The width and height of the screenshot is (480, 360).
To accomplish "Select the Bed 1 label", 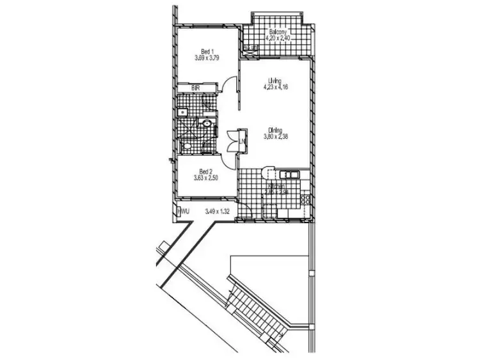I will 205,52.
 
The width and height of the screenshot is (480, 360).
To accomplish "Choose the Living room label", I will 275,81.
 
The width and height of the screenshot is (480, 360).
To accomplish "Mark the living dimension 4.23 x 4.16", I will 275,88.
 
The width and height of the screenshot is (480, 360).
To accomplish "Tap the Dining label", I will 275,130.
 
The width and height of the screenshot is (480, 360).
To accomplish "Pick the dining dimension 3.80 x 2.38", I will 275,136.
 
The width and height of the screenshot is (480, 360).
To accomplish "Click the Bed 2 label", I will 205,171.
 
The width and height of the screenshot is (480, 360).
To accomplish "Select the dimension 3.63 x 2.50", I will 205,178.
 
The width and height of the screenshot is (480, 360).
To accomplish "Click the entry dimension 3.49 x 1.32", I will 218,210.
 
